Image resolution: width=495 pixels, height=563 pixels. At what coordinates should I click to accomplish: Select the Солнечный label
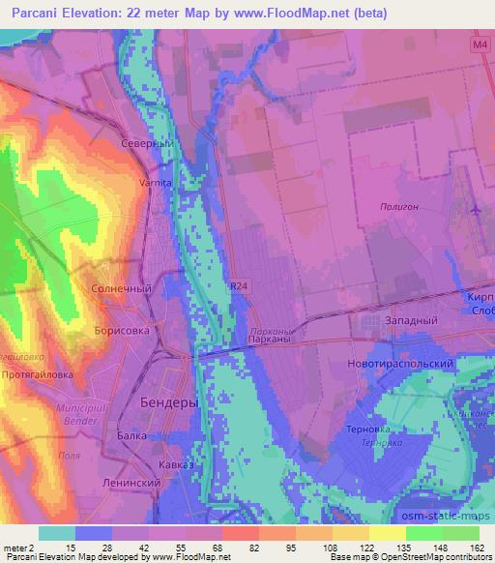pyautogui.click(x=121, y=288)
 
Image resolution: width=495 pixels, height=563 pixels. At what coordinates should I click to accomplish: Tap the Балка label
pyautogui.click(x=131, y=435)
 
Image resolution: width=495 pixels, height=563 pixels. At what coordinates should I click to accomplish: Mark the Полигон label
pyautogui.click(x=398, y=206)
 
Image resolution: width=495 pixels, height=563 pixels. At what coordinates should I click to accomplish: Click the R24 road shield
pyautogui.click(x=239, y=285)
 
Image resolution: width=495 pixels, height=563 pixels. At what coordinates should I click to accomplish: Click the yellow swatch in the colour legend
pyautogui.click(x=387, y=533)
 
